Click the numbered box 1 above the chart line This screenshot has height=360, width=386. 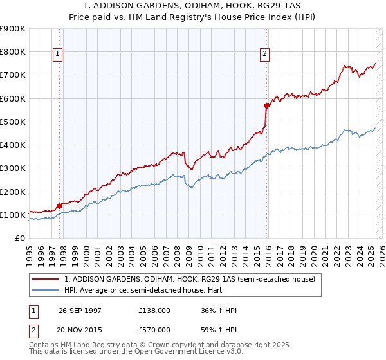point(58,55)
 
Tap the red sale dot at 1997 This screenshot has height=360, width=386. point(60,206)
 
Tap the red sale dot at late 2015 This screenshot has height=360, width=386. point(266,105)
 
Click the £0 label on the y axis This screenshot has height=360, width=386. point(20,238)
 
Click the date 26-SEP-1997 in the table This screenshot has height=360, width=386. point(80,310)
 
